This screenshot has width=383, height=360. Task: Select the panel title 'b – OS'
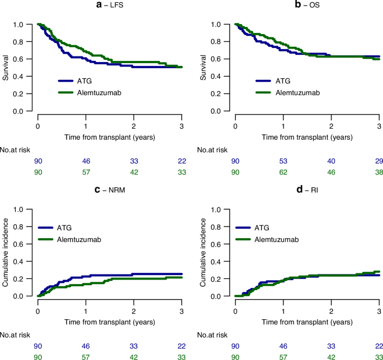(x=307, y=7)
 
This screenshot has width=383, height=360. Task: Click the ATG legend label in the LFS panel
(x=89, y=80)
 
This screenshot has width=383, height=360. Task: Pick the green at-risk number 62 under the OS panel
(x=283, y=172)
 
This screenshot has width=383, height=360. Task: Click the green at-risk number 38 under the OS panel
(x=379, y=172)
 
